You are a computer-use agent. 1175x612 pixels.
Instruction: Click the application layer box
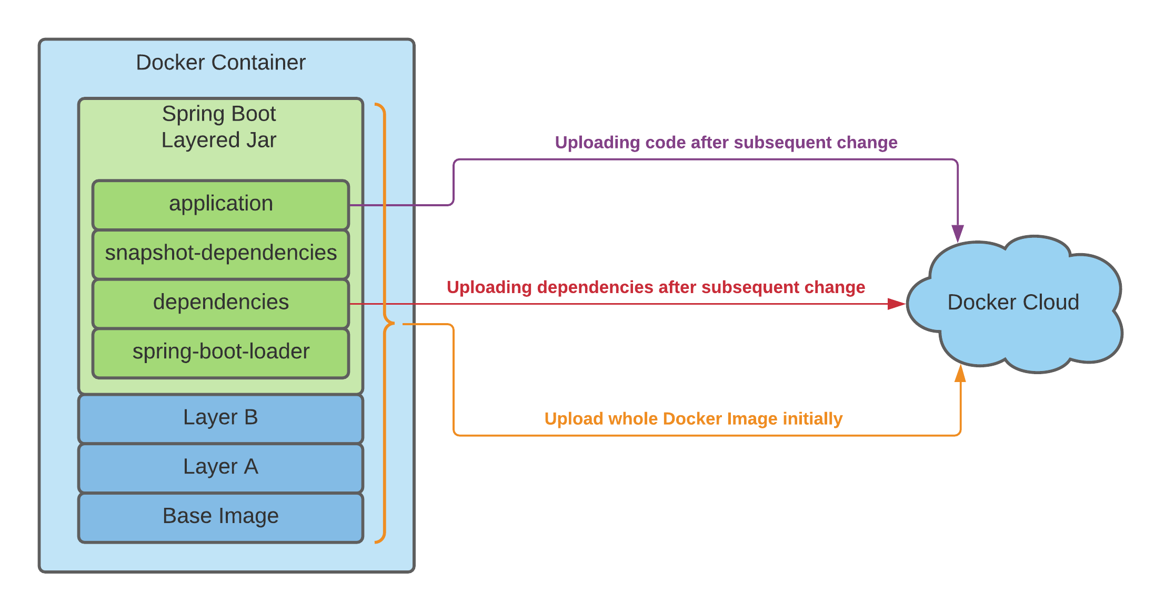click(x=220, y=205)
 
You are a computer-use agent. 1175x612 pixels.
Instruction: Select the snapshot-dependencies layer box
click(x=220, y=254)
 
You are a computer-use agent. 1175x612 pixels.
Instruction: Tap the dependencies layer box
click(x=220, y=304)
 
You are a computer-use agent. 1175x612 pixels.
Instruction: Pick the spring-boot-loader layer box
click(x=220, y=353)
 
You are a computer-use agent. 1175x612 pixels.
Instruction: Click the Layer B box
click(x=220, y=419)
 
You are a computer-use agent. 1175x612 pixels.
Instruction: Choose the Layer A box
click(x=220, y=468)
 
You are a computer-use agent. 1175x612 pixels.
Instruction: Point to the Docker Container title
click(x=220, y=63)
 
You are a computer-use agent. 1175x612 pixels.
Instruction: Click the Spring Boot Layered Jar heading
click(x=219, y=127)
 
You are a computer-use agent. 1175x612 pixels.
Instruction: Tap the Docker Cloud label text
click(x=1013, y=303)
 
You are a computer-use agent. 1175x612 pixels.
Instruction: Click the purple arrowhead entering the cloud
click(x=958, y=234)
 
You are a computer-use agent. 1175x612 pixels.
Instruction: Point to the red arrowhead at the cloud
click(x=896, y=304)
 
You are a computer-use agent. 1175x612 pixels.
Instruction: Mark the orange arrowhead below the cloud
click(x=960, y=373)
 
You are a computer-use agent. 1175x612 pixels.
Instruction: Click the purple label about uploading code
click(x=726, y=143)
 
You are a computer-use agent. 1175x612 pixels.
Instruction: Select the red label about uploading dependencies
click(x=656, y=287)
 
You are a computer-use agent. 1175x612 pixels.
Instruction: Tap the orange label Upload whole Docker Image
click(x=694, y=419)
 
